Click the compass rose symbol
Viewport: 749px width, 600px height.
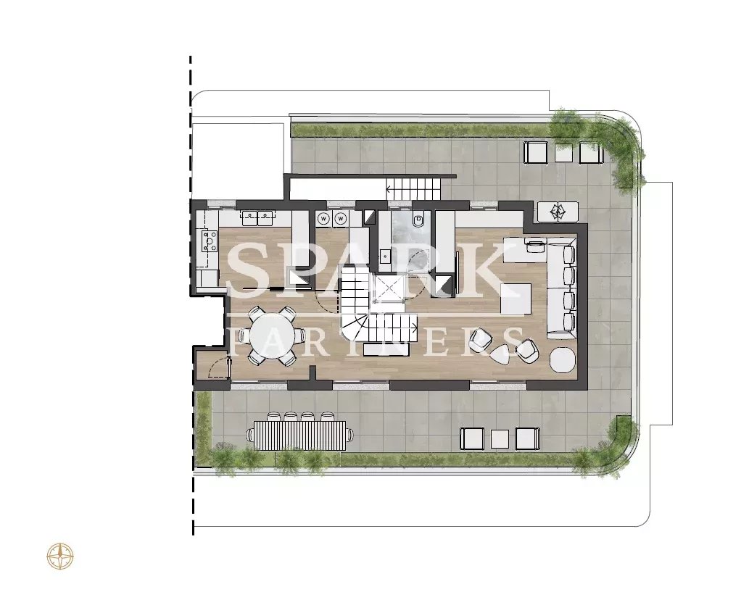(x=60, y=557)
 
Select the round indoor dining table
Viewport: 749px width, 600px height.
(x=270, y=336)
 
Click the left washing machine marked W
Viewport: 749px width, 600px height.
(x=324, y=219)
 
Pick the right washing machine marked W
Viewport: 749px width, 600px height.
(x=341, y=219)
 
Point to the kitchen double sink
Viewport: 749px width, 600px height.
(x=257, y=217)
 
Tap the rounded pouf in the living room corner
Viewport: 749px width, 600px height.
(x=563, y=359)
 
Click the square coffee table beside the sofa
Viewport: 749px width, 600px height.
(x=516, y=299)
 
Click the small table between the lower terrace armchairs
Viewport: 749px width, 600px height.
(x=500, y=439)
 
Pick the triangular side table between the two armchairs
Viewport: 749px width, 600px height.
(x=501, y=354)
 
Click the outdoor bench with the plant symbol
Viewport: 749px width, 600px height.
(x=558, y=212)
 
